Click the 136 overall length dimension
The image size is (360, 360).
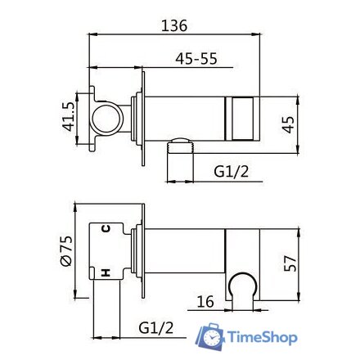[174, 25]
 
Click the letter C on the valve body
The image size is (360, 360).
[106, 232]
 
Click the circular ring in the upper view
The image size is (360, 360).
[107, 119]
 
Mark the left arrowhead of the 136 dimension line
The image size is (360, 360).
[90, 34]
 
